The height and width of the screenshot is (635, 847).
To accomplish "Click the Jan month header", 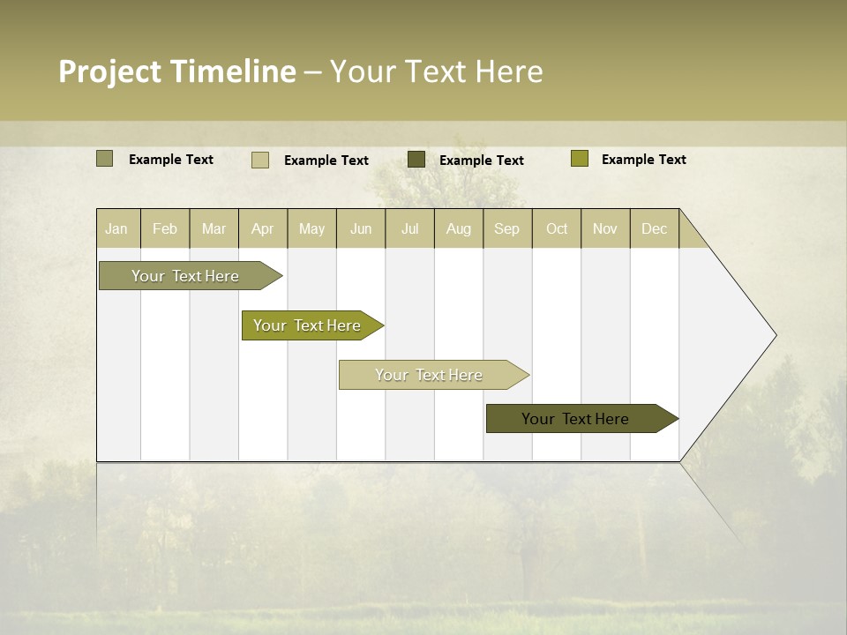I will [x=117, y=228].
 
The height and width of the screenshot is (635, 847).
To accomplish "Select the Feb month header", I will [x=165, y=228].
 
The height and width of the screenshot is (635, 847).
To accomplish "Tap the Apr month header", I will [x=263, y=228].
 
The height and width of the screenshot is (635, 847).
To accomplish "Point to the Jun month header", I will [x=361, y=228].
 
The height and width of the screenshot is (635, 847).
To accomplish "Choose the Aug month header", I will [x=459, y=228].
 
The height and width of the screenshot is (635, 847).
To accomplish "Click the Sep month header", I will [x=507, y=228].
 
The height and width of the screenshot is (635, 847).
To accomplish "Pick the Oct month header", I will [x=557, y=228].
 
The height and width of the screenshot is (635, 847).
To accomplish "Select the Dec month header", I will [x=655, y=228].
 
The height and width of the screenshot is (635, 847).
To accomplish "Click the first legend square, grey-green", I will [x=105, y=159].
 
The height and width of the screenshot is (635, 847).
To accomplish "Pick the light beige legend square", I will [x=260, y=160].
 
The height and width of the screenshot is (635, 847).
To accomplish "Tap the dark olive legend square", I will [x=416, y=160].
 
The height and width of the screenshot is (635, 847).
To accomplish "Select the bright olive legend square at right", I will [x=580, y=159].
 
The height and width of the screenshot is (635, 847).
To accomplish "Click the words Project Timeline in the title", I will [x=177, y=71].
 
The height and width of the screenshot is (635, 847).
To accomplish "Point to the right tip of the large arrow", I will [x=774, y=335].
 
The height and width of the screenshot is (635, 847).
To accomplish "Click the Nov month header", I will [x=605, y=228].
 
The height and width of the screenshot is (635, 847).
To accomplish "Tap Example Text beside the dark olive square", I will [x=482, y=161].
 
